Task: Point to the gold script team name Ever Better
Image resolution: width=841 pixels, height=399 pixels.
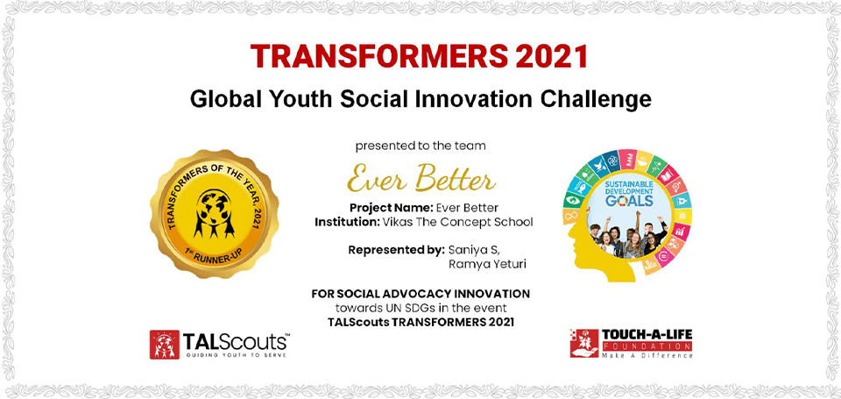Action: coord(421,178)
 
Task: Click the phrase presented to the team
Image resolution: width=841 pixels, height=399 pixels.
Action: coord(420,146)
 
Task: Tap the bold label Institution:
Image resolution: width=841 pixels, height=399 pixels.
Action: coord(348,222)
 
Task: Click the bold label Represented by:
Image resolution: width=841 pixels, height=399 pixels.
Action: coord(396,250)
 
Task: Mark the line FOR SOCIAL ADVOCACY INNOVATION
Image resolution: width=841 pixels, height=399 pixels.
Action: coord(420,294)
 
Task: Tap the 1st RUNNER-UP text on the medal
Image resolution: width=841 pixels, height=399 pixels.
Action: coord(215,256)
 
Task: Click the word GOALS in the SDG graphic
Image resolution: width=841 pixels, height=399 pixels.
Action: coord(629,202)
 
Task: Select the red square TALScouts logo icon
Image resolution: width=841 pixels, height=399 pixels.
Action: coord(164,345)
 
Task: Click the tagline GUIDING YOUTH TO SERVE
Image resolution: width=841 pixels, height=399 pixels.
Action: coord(236,355)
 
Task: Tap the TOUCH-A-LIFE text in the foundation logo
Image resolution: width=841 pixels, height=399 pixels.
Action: coord(647,335)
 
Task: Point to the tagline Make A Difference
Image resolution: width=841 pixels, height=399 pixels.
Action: coord(647,355)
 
